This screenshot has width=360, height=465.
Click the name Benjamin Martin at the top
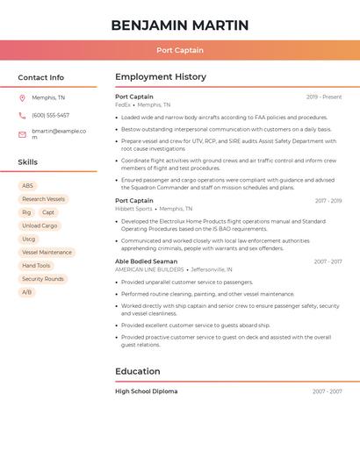[x=180, y=25]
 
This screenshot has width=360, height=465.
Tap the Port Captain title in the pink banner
[x=180, y=50]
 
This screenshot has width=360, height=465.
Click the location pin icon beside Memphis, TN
[x=22, y=97]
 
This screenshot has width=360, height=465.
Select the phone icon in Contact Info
[x=22, y=115]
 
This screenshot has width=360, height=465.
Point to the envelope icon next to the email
[x=22, y=133]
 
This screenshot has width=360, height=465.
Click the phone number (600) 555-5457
[x=50, y=115]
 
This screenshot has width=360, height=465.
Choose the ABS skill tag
[x=27, y=186]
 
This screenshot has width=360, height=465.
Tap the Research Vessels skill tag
[x=43, y=199]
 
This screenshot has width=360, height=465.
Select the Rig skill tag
[x=26, y=212]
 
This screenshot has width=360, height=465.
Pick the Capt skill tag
[x=48, y=212]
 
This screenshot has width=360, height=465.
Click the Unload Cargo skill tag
[x=40, y=225]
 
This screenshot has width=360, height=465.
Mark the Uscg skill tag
[x=29, y=239]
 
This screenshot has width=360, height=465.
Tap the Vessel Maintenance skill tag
[x=47, y=252]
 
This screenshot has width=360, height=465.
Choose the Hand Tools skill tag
[x=36, y=265]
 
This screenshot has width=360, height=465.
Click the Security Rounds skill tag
[x=43, y=279]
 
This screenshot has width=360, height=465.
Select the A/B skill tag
[x=27, y=292]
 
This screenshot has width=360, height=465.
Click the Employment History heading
[x=161, y=77]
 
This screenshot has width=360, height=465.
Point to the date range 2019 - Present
[x=324, y=97]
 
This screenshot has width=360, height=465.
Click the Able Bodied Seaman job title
[x=146, y=261]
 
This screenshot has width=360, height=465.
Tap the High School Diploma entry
[x=146, y=391]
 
